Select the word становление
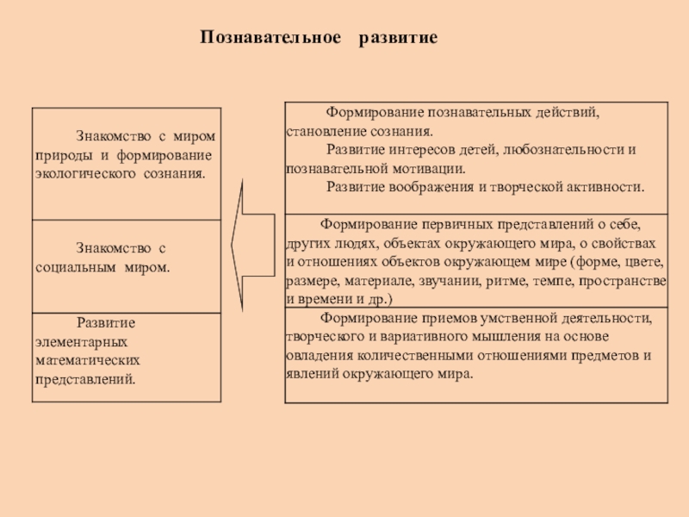pyautogui.click(x=320, y=132)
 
